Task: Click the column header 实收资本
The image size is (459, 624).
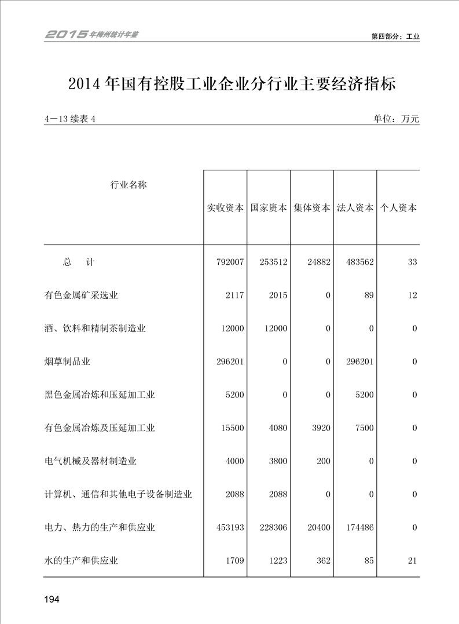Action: (225, 208)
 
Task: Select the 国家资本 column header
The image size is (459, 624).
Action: (269, 208)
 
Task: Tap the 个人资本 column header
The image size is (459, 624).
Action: (398, 208)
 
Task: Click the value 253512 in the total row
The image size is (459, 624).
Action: (274, 262)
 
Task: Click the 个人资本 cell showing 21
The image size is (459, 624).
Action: (412, 560)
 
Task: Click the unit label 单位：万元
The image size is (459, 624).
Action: (396, 119)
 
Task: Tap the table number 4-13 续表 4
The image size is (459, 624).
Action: (69, 119)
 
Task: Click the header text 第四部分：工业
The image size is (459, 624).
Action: (395, 37)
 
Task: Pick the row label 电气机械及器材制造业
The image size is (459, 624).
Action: (90, 461)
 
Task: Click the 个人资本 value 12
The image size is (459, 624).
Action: (412, 295)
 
